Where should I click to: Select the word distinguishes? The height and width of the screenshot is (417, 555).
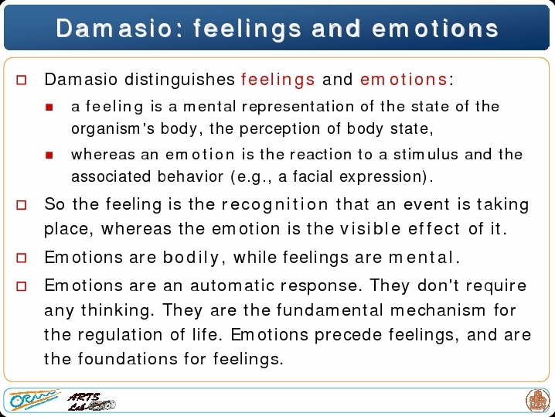(179, 80)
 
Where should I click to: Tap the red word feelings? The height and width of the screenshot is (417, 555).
(277, 80)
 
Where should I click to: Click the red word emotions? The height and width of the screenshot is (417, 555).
(403, 79)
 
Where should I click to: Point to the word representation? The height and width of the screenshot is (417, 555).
(298, 107)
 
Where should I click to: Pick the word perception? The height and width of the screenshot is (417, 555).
(280, 129)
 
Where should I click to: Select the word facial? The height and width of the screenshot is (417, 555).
(312, 176)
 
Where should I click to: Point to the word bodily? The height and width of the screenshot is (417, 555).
(191, 258)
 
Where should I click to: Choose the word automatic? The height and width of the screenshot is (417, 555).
(232, 285)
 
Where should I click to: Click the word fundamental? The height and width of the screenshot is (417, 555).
(329, 310)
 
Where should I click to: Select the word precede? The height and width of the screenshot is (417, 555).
(348, 335)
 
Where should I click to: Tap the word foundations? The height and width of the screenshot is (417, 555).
(128, 358)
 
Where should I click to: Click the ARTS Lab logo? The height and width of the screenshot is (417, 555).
(91, 402)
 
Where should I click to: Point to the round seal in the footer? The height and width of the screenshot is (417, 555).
(537, 400)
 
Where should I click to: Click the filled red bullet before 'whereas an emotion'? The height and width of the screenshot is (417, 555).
(49, 156)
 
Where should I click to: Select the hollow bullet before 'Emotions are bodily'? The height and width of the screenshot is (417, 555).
(21, 258)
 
